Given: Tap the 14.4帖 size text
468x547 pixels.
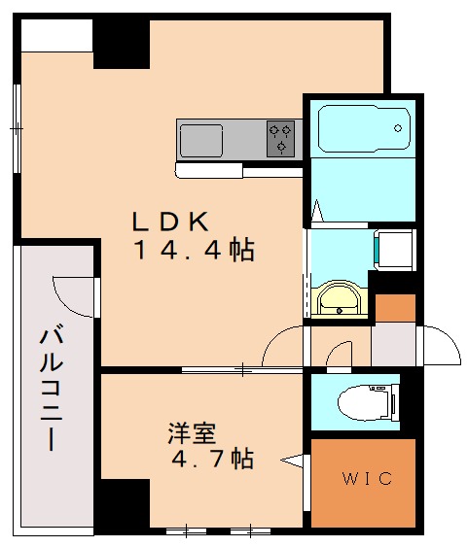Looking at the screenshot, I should (x=194, y=251).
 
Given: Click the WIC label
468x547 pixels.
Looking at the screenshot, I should (x=366, y=479).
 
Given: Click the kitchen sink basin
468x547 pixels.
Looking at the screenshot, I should (x=201, y=139).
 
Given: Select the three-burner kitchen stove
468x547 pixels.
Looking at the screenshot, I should (x=280, y=139).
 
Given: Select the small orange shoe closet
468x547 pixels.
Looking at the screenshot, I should (x=395, y=308).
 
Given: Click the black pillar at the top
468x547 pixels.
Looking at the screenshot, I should (x=122, y=42).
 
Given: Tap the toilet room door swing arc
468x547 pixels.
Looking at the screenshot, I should (x=340, y=356).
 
